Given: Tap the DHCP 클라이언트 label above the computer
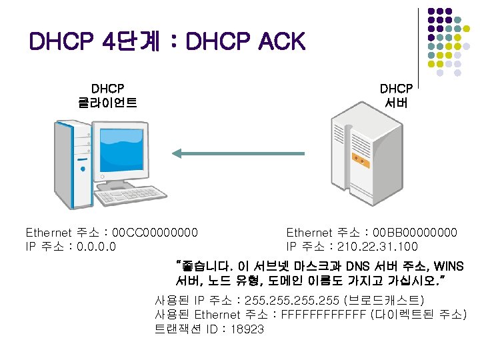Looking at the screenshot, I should click(108, 95).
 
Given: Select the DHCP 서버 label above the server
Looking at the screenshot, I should click(396, 95).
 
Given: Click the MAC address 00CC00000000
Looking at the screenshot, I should click(155, 233).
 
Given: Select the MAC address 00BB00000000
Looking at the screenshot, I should click(415, 233).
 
